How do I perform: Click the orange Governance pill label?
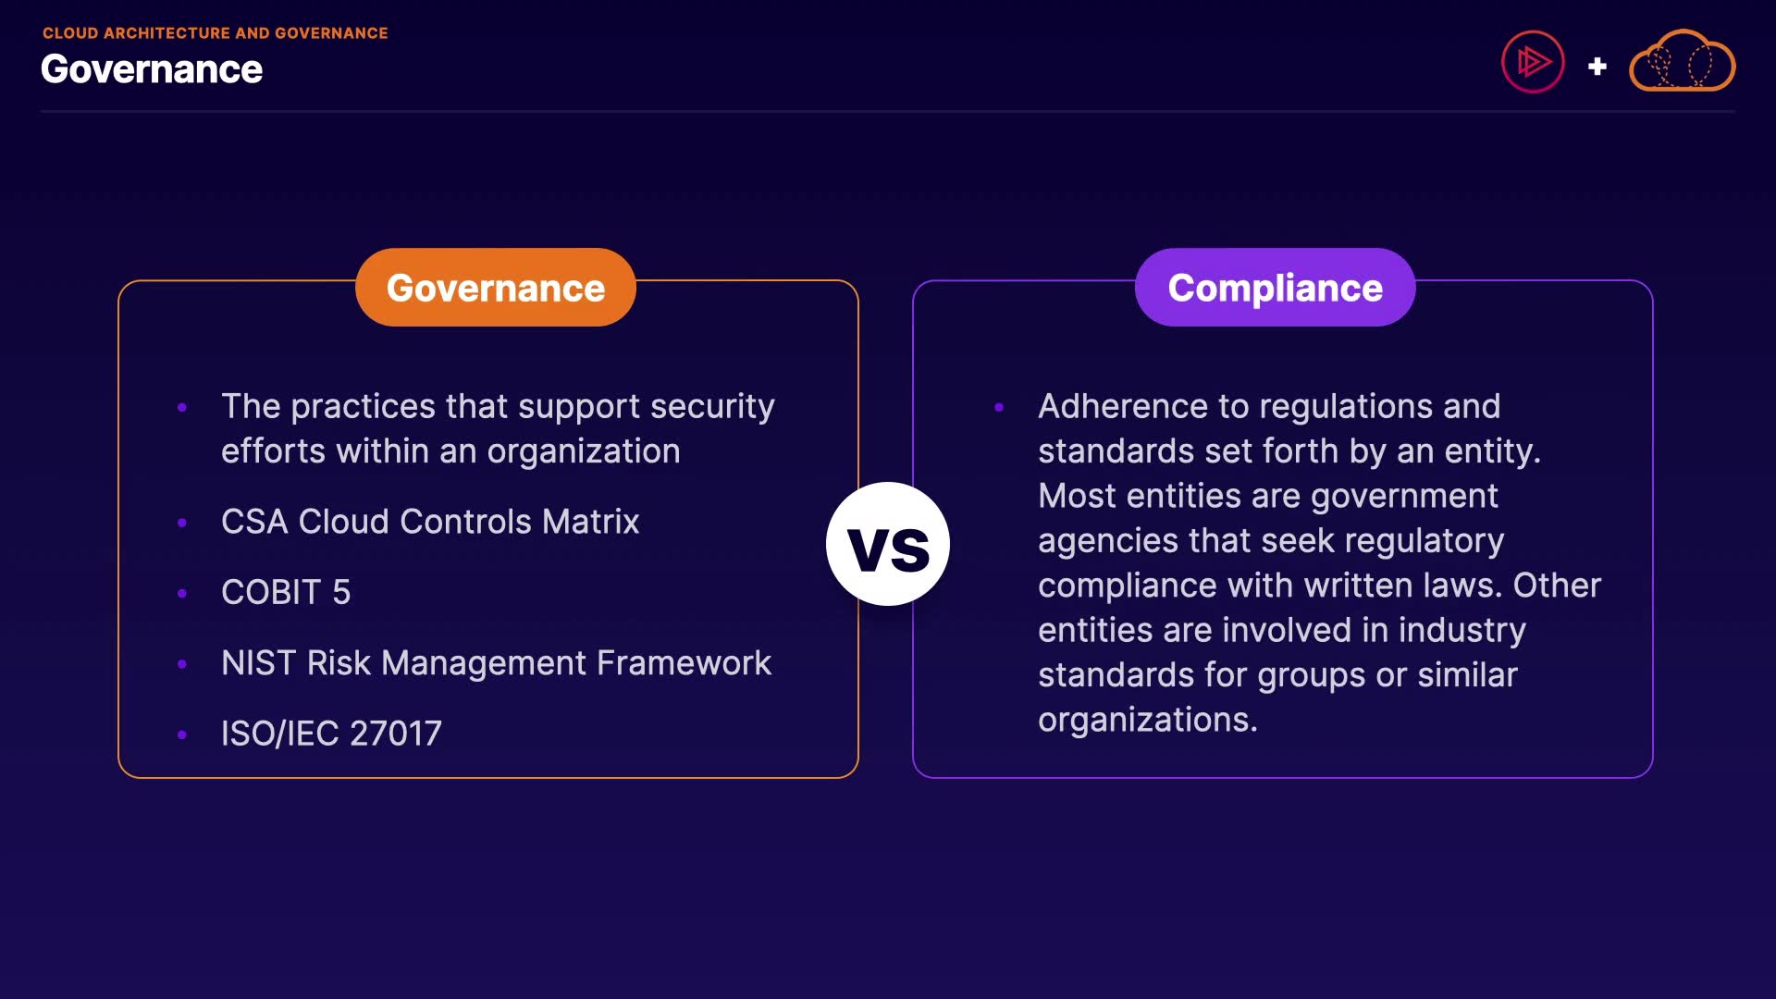pyautogui.click(x=496, y=287)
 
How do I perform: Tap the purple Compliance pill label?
pyautogui.click(x=1275, y=287)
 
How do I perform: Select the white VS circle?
pyautogui.click(x=888, y=544)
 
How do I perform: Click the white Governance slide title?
pyautogui.click(x=152, y=69)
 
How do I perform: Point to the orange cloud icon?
pyautogui.click(x=1682, y=61)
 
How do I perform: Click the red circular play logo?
pyautogui.click(x=1533, y=62)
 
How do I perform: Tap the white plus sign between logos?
pyautogui.click(x=1597, y=67)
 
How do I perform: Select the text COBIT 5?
pyautogui.click(x=286, y=592)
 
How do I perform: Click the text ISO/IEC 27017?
pyautogui.click(x=331, y=734)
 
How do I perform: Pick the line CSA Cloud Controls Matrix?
pyautogui.click(x=430, y=522)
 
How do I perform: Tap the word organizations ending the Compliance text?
pyautogui.click(x=1148, y=721)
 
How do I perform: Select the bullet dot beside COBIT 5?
pyautogui.click(x=182, y=593)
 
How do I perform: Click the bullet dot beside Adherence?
pyautogui.click(x=999, y=407)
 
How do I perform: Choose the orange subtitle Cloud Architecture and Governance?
pyautogui.click(x=216, y=33)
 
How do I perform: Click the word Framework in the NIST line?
pyautogui.click(x=684, y=663)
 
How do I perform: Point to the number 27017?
pyautogui.click(x=396, y=734)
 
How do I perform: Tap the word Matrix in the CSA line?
pyautogui.click(x=591, y=522)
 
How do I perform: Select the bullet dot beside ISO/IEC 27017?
pyautogui.click(x=182, y=734)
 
